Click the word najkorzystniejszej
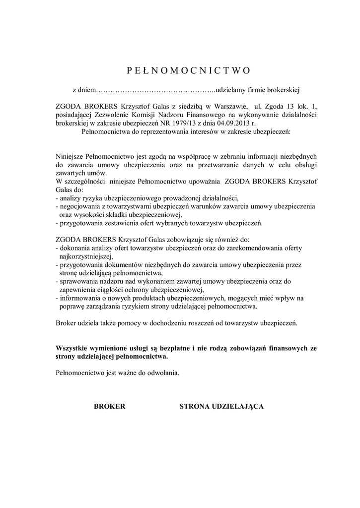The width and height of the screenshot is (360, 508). tap(86, 256)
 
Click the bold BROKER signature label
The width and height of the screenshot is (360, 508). tap(110, 406)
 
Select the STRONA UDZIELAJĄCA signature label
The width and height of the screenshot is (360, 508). tap(221, 406)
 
